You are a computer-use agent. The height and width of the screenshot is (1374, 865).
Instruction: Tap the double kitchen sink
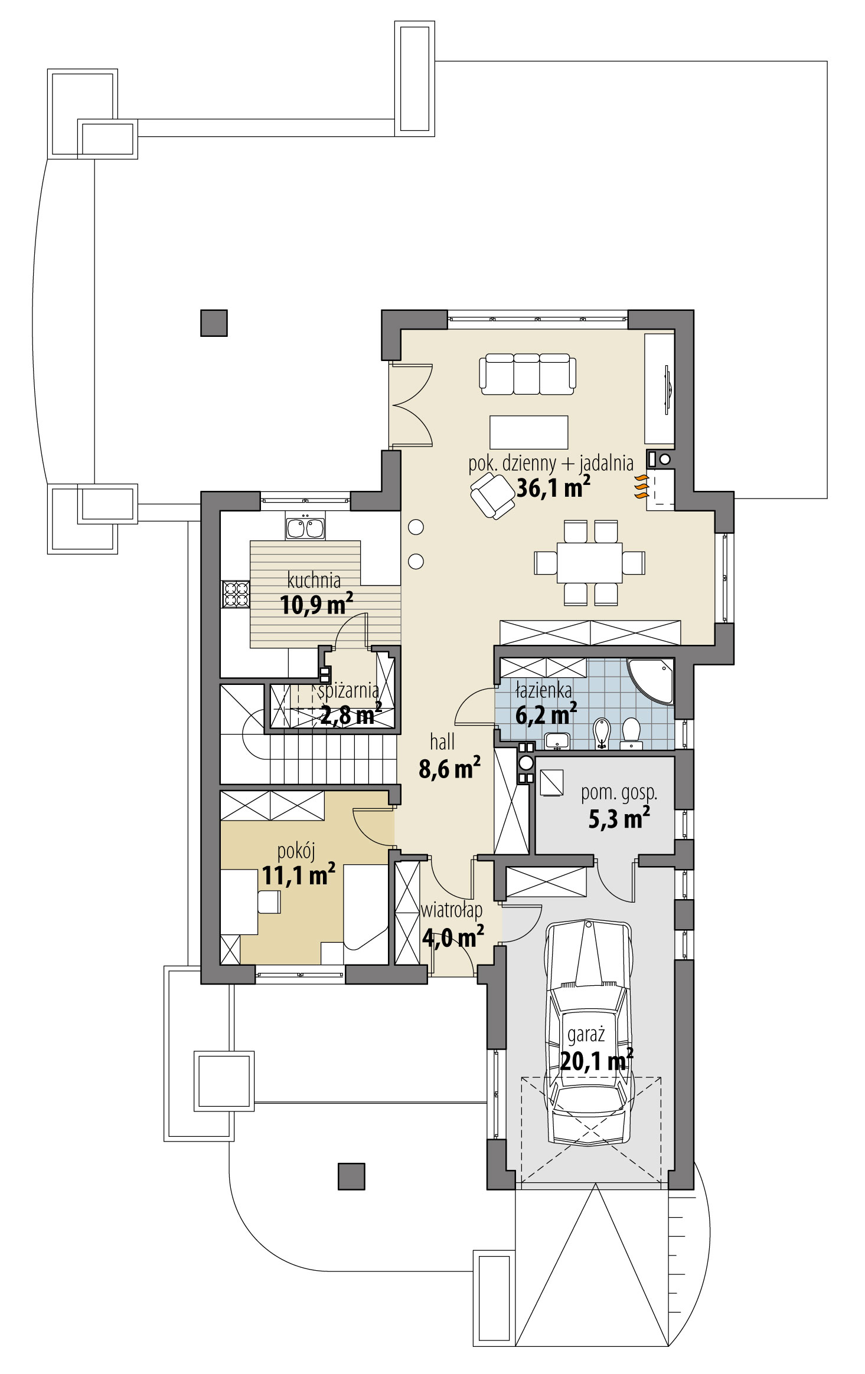tap(305, 527)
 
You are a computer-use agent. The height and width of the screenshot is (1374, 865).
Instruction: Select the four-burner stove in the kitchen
tap(235, 594)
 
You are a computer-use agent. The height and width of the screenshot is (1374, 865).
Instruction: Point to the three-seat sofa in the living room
tap(528, 374)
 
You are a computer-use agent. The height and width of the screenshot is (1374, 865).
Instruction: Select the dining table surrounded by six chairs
tap(590, 562)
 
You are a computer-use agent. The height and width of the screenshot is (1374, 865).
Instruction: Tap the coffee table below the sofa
tap(528, 432)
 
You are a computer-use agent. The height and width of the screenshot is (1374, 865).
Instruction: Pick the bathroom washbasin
tap(556, 740)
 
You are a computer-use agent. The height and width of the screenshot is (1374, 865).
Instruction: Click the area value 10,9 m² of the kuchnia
tap(316, 605)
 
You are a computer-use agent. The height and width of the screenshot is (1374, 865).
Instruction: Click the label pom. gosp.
tap(619, 793)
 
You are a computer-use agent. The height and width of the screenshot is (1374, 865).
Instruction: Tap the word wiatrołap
tap(451, 911)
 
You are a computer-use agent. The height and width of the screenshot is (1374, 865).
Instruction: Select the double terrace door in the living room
tap(411, 405)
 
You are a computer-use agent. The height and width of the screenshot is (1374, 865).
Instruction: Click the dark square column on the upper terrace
tap(214, 323)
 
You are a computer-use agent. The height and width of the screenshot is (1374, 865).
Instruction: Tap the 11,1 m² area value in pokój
tap(299, 875)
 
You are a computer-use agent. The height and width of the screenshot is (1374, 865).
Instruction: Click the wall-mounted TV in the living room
tap(667, 388)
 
